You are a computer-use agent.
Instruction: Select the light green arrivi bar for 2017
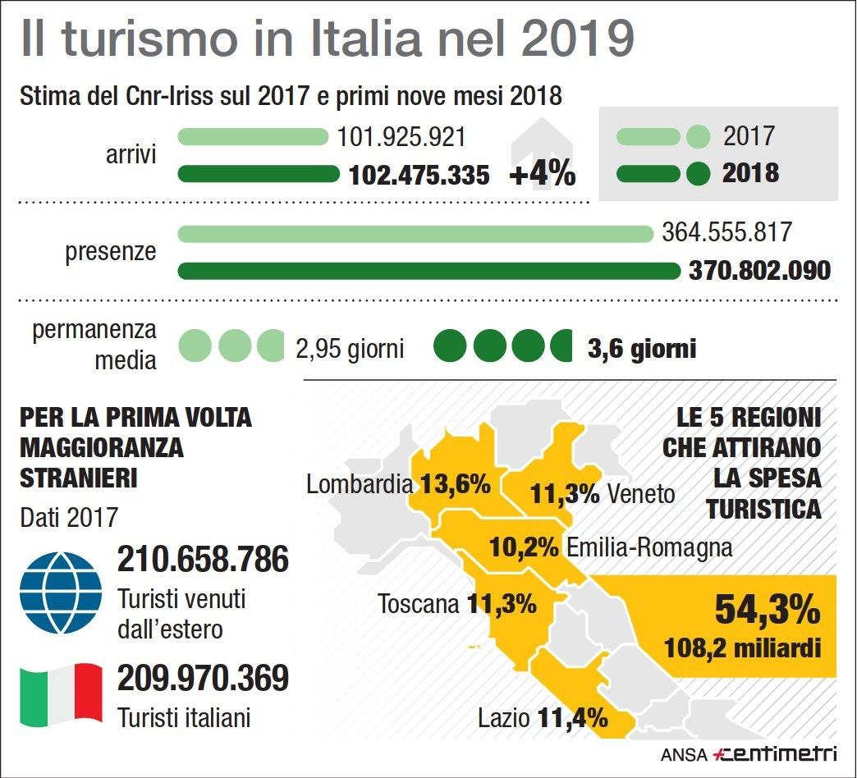click(x=253, y=136)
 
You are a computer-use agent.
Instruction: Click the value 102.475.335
click(x=419, y=175)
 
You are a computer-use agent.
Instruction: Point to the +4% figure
click(x=542, y=175)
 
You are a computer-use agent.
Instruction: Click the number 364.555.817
click(x=726, y=232)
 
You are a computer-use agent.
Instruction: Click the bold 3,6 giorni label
click(x=642, y=349)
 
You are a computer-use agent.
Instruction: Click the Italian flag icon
click(x=61, y=695)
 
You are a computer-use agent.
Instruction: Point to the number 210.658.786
click(x=204, y=560)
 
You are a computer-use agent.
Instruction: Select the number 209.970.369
click(x=204, y=678)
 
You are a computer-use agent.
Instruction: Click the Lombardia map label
click(x=360, y=484)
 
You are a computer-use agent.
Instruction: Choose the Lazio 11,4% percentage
click(x=573, y=719)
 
